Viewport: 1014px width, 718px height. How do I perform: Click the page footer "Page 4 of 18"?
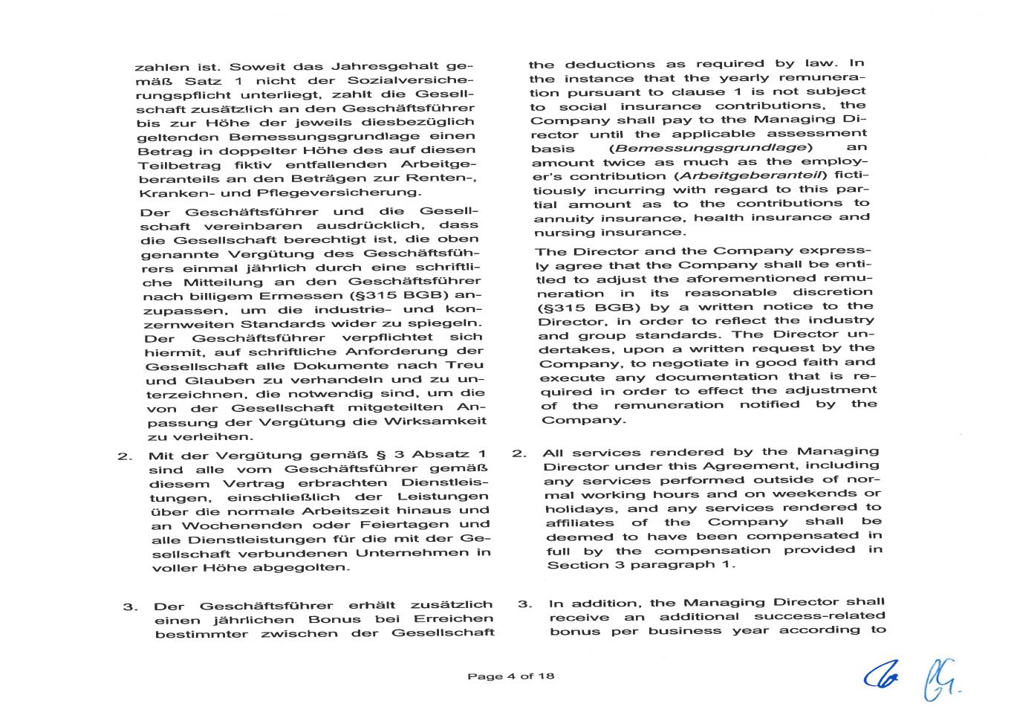[510, 676]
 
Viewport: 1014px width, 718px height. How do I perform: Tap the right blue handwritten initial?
[939, 679]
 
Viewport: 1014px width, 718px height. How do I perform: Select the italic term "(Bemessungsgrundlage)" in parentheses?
[706, 148]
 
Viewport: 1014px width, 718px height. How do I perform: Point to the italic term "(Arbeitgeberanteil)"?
[751, 176]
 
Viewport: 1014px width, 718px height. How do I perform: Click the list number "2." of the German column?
[124, 456]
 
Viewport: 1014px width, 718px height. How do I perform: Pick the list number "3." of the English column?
[524, 604]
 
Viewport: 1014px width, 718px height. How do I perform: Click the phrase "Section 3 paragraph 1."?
[641, 565]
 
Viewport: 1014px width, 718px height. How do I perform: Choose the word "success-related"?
[819, 616]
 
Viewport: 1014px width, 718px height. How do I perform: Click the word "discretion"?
[832, 292]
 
